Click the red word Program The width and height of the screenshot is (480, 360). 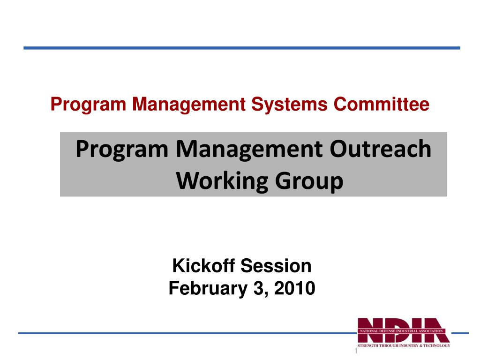click(x=88, y=105)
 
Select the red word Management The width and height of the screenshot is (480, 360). click(x=189, y=104)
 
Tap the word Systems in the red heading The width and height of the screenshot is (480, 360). click(x=289, y=105)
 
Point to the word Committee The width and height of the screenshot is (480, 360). click(x=382, y=104)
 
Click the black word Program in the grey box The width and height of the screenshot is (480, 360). click(x=122, y=150)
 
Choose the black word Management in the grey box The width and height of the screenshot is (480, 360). click(x=249, y=150)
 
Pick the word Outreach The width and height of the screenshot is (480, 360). click(x=381, y=149)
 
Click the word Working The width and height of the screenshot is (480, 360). click(x=222, y=181)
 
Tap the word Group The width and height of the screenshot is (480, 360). click(x=309, y=181)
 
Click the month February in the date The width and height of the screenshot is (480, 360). click(x=208, y=288)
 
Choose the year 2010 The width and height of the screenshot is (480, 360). click(x=295, y=288)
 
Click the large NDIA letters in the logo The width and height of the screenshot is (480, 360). click(x=404, y=330)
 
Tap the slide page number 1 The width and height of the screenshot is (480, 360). click(x=356, y=351)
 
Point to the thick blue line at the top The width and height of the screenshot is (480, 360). click(x=242, y=48)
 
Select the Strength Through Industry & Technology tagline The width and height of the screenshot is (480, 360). click(x=404, y=345)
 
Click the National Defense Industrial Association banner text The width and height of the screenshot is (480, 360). click(x=401, y=331)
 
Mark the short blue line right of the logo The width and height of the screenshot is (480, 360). click(x=460, y=333)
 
